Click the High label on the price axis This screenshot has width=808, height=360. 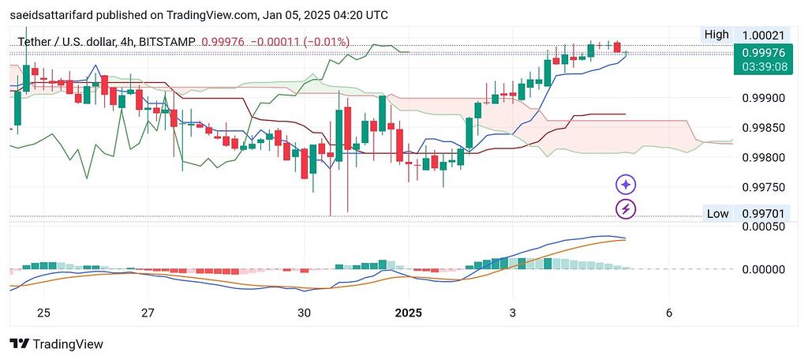[716, 35]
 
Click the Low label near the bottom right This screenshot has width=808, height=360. [717, 214]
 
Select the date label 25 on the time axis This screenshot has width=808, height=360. [43, 313]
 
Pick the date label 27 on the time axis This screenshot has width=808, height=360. [148, 313]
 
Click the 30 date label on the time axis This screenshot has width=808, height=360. [305, 313]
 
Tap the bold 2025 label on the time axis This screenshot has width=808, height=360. [408, 313]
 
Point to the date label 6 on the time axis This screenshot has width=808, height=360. [668, 313]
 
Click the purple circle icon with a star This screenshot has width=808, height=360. [626, 185]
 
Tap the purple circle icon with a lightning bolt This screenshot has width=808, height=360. [626, 209]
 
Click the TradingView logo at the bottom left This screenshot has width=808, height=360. [56, 344]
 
